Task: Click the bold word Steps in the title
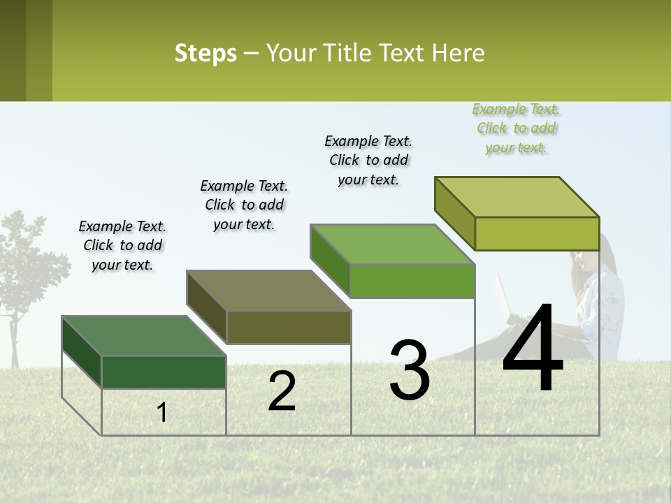pyautogui.click(x=205, y=53)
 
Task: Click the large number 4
pyautogui.click(x=533, y=350)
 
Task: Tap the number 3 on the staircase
pyautogui.click(x=409, y=370)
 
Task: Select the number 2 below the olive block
pyautogui.click(x=282, y=391)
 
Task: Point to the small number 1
pyautogui.click(x=162, y=412)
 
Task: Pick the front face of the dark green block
pyautogui.click(x=164, y=372)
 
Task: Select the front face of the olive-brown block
pyautogui.click(x=288, y=327)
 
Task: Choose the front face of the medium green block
pyautogui.click(x=412, y=281)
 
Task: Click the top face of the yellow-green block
pyautogui.click(x=517, y=197)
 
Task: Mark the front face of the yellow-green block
pyautogui.click(x=537, y=233)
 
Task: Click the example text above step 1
pyautogui.click(x=122, y=245)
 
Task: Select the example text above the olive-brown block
pyautogui.click(x=244, y=205)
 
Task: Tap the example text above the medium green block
pyautogui.click(x=368, y=160)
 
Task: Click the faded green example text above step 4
pyautogui.click(x=516, y=128)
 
